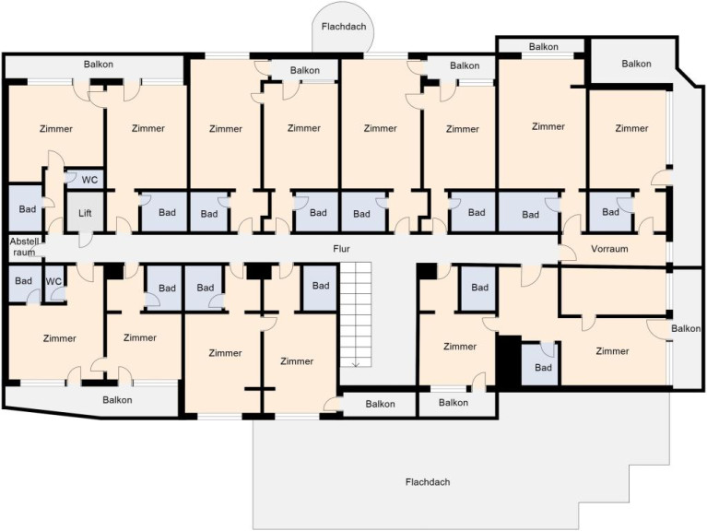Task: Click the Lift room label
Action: coord(85,213)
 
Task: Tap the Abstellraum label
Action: coord(24,246)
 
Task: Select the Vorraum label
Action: coord(609,249)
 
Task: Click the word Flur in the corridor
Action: coord(341,249)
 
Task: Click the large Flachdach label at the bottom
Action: coord(428,482)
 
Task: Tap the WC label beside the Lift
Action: coord(89,181)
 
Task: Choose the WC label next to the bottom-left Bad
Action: coord(53,282)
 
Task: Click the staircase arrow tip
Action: coord(356,367)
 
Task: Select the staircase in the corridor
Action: coord(356,314)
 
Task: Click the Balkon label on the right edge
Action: coord(686,328)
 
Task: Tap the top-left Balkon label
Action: coord(99,65)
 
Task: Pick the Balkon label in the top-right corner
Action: coord(636,64)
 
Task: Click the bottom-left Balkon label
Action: coord(117,400)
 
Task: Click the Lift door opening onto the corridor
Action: coord(86,240)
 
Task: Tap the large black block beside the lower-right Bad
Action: coord(509,360)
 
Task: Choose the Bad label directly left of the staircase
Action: coord(321,286)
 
